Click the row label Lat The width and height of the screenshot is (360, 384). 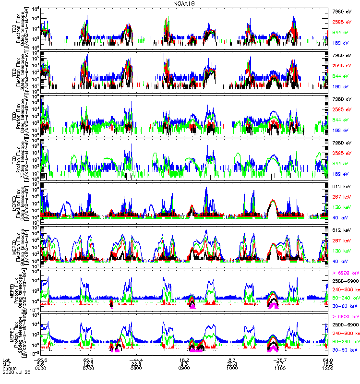click(x=6, y=360)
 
